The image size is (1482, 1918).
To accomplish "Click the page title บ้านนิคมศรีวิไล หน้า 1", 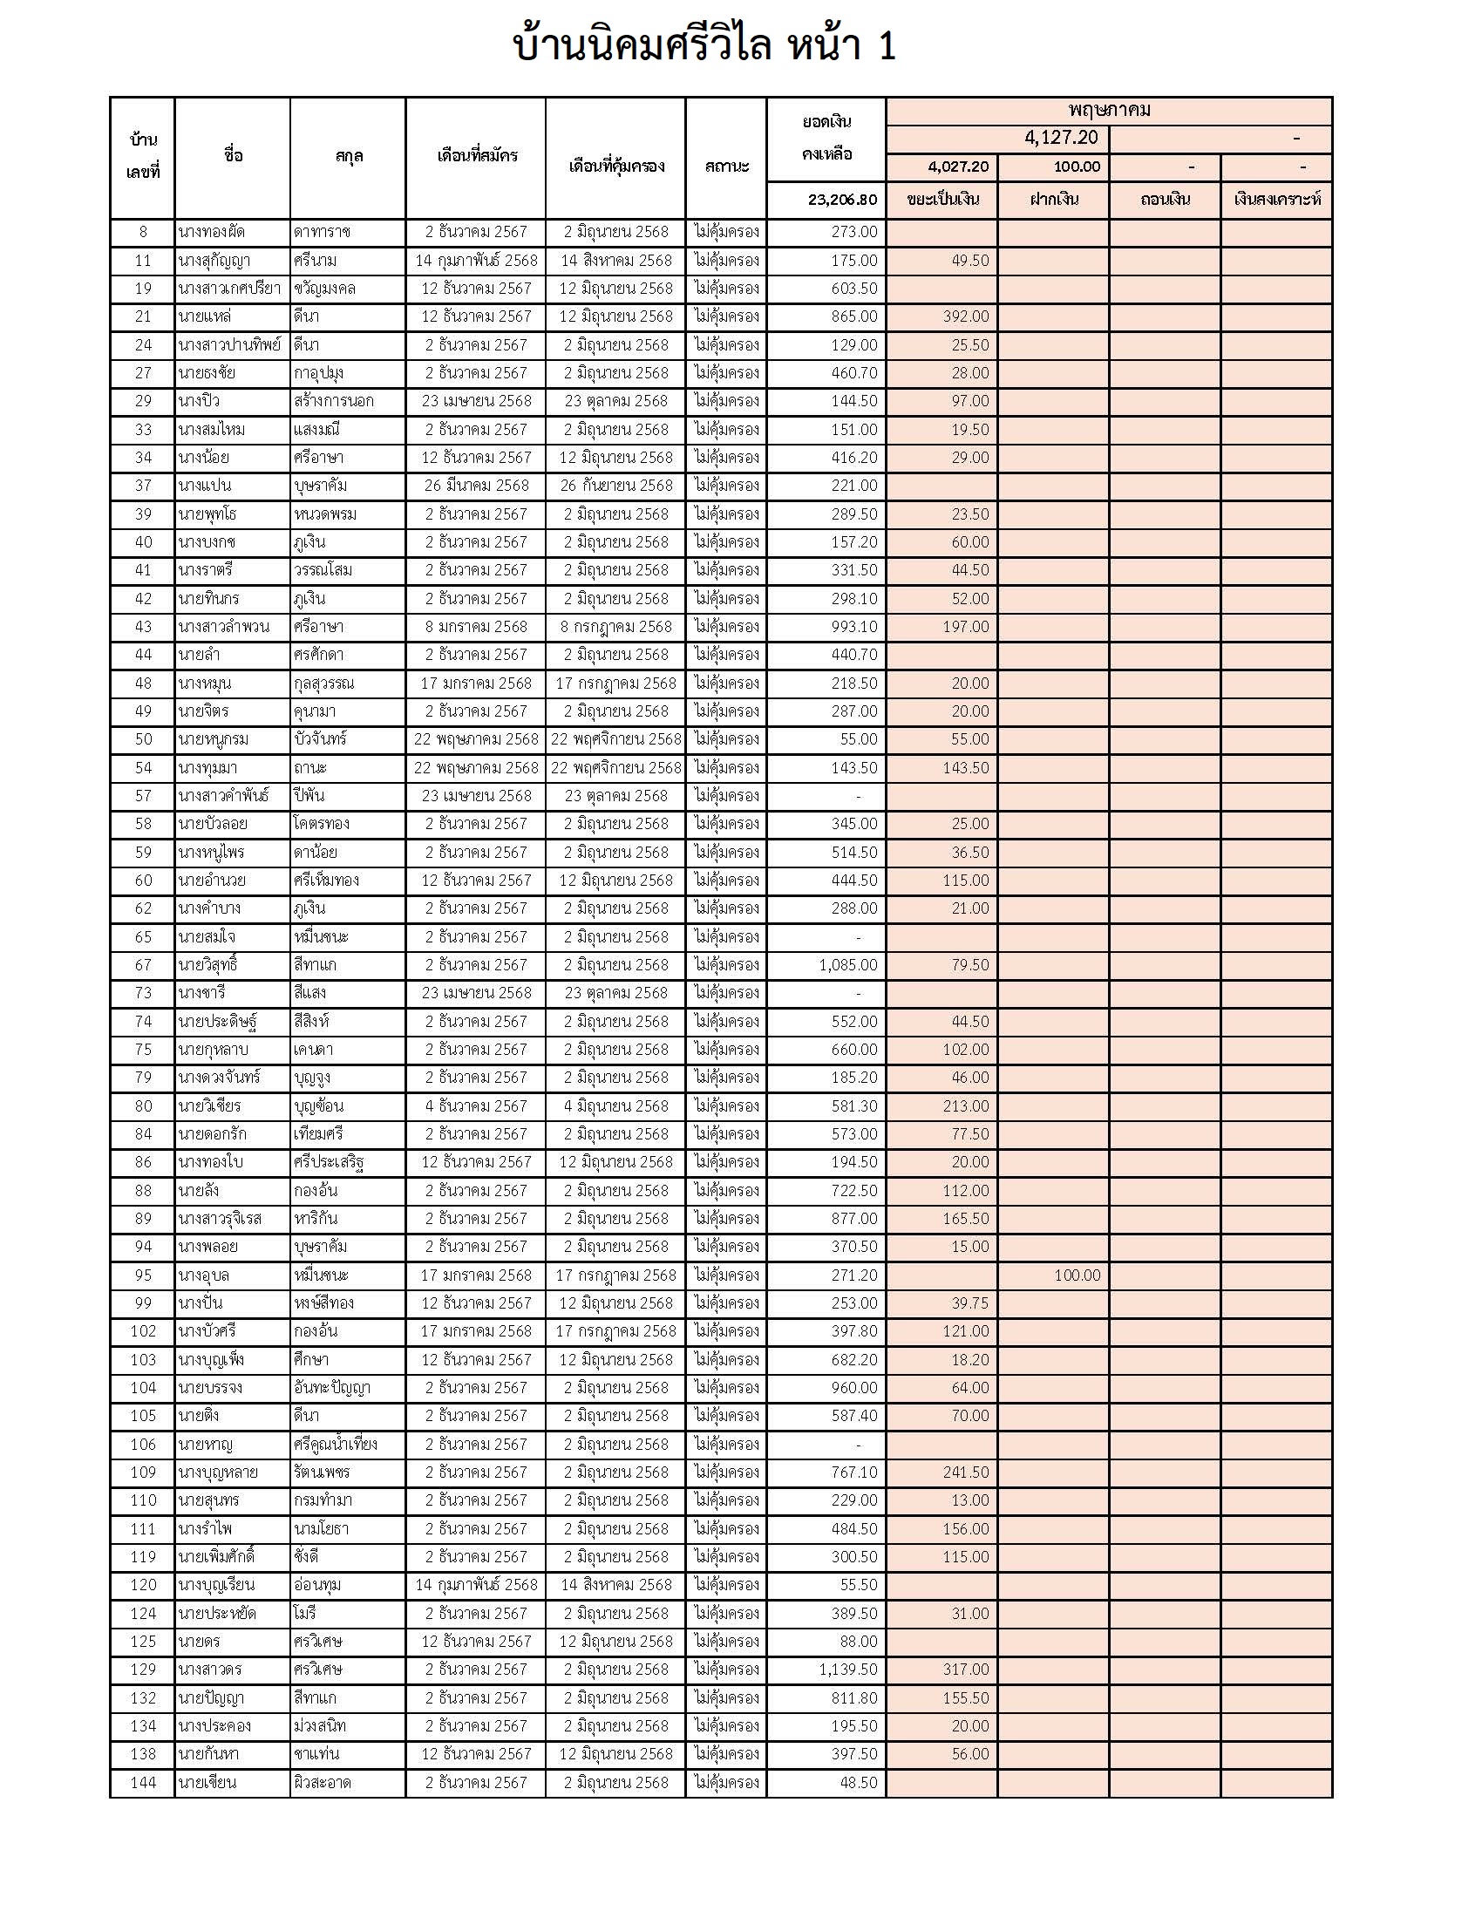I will point(704,45).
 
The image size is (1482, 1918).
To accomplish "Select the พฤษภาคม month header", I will point(1109,111).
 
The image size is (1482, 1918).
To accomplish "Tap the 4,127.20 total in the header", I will point(1061,138).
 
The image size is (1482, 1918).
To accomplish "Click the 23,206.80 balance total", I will point(842,200).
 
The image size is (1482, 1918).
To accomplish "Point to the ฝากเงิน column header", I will point(1054,200).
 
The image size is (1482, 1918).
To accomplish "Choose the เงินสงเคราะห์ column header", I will point(1276,200).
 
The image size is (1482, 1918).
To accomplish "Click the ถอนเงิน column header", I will point(1165,200).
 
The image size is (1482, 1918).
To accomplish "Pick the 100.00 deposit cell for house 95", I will point(1077,1275).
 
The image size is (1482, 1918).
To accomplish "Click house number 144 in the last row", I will point(143,1783).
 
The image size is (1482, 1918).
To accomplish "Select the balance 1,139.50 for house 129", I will point(847,1670).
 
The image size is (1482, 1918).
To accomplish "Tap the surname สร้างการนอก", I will point(334,401).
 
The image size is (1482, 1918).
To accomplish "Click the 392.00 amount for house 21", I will point(965,316).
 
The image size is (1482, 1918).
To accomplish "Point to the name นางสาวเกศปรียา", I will point(229,289).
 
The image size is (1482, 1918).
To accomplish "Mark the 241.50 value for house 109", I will point(965,1472).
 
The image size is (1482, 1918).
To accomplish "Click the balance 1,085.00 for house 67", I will point(847,965).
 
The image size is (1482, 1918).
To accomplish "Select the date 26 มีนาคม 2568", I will point(477,486).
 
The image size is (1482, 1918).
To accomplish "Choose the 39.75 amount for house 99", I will point(969,1303).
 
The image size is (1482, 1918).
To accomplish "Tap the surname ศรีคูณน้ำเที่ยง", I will point(336,1444).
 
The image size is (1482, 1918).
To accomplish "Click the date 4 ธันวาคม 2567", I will point(477,1106).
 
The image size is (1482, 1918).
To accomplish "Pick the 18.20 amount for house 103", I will point(969,1359).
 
